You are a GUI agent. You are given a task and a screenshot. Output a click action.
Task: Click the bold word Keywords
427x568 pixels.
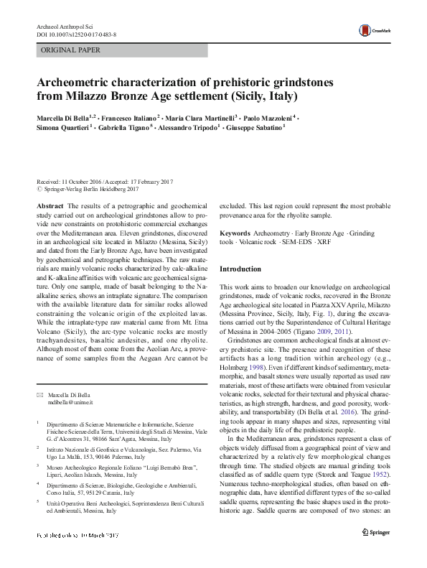(x=235, y=234)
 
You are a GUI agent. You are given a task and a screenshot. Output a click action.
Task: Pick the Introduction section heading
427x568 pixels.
(x=240, y=269)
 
